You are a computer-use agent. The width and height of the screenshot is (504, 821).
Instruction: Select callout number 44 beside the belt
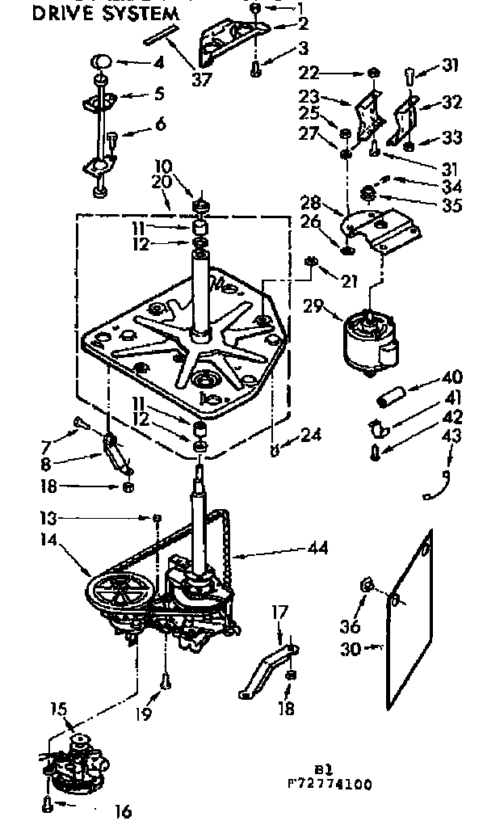317,548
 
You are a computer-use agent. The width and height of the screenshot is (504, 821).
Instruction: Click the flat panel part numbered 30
408,614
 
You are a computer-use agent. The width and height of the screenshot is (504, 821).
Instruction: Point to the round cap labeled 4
102,61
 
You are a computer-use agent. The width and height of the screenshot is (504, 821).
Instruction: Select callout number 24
310,435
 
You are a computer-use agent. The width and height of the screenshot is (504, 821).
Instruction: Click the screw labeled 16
48,803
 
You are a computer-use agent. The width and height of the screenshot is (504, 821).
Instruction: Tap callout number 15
58,710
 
